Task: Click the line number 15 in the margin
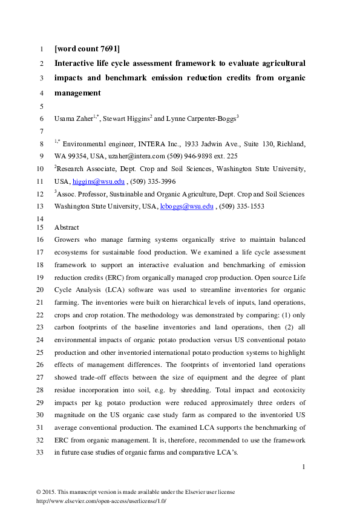[x=41, y=227]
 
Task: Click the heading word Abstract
[x=67, y=227]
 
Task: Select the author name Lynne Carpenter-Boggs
[x=200, y=118]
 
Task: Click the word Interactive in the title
[x=76, y=63]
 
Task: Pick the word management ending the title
[x=78, y=93]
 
